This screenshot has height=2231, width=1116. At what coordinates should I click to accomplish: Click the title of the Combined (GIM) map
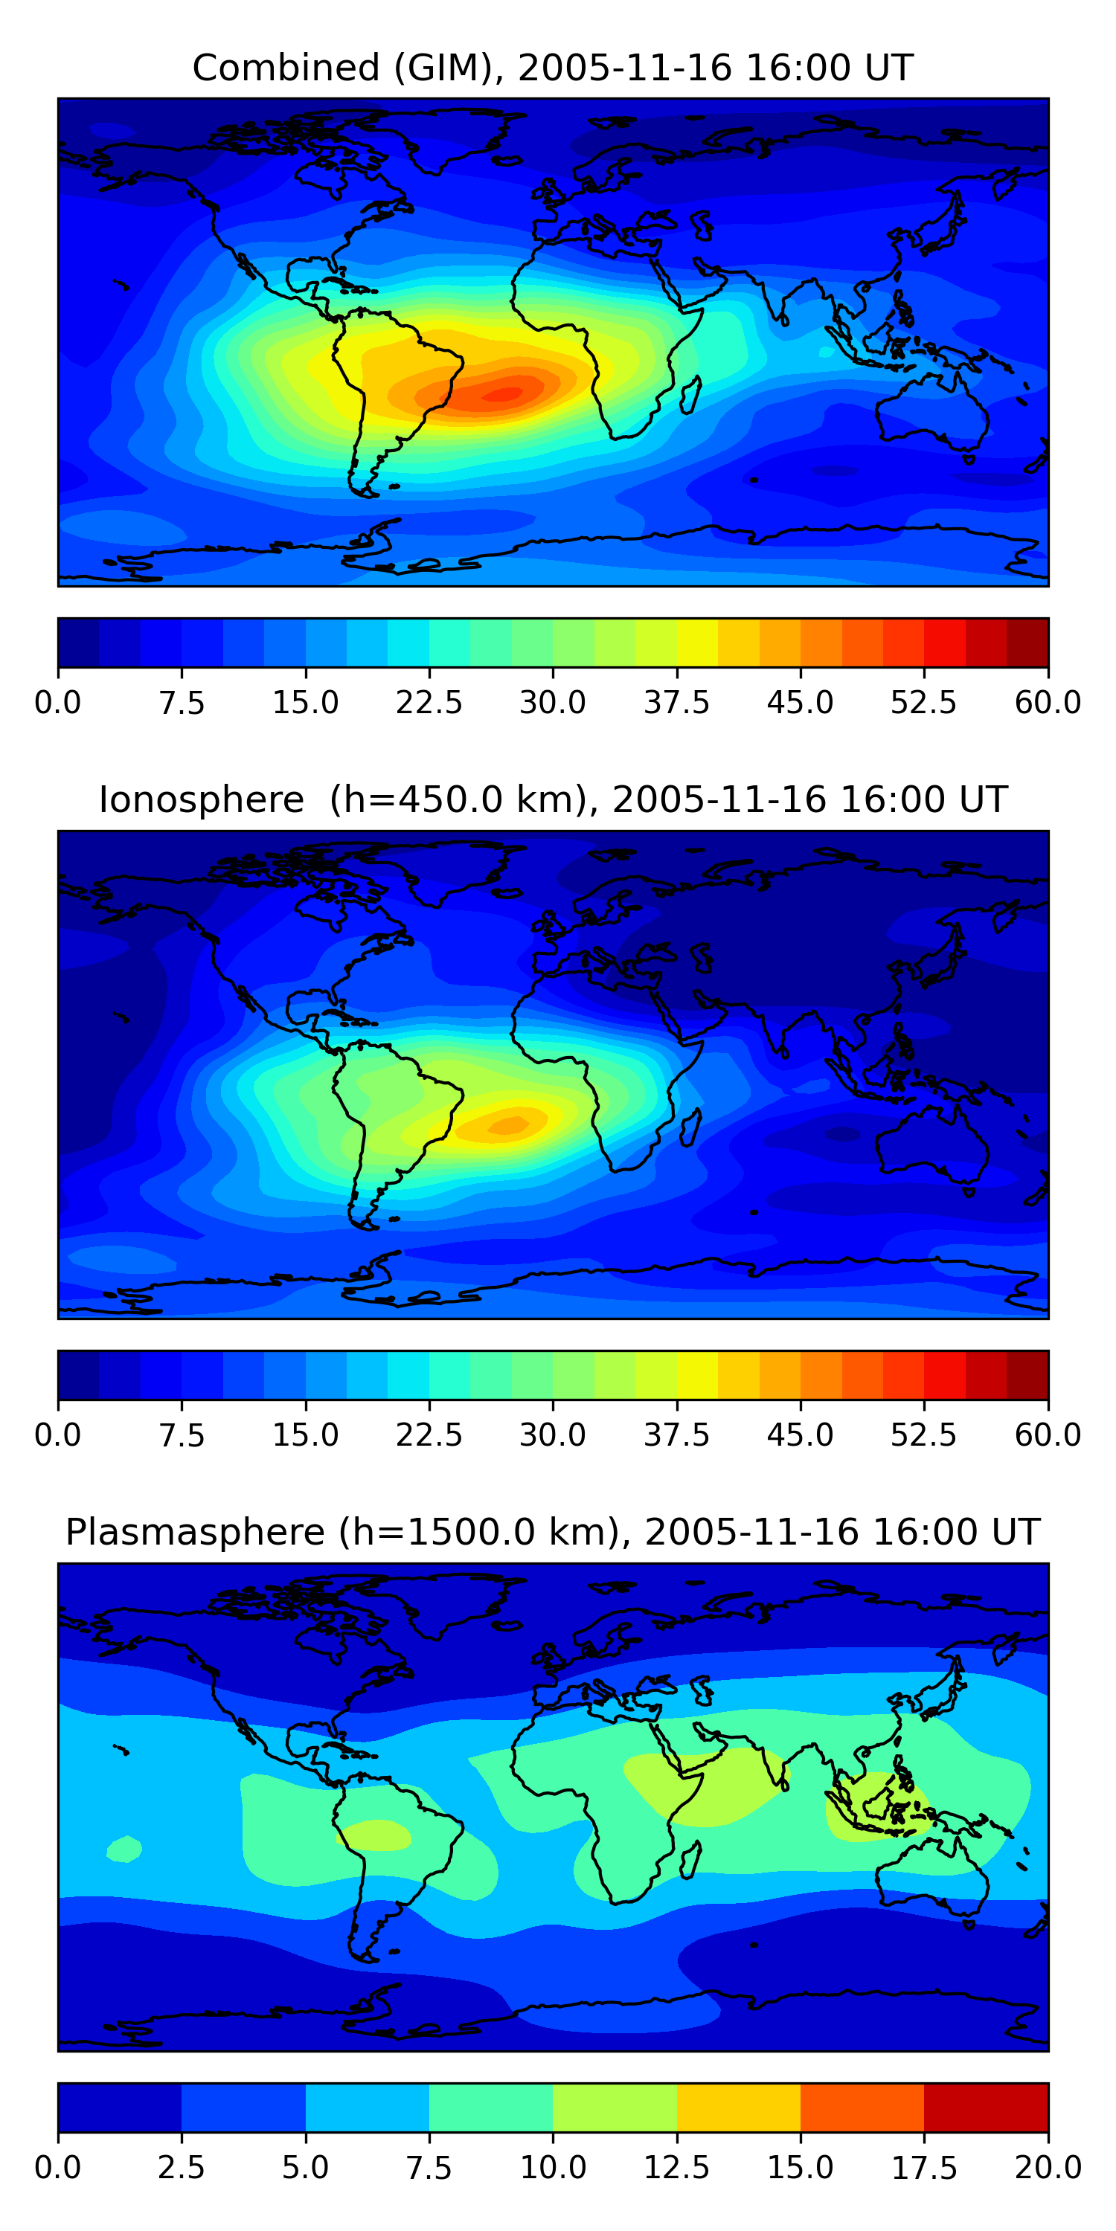pyautogui.click(x=553, y=68)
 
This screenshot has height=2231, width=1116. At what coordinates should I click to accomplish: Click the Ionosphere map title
pyautogui.click(x=553, y=799)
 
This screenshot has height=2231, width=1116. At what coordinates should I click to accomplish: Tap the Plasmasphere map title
pyautogui.click(x=553, y=1532)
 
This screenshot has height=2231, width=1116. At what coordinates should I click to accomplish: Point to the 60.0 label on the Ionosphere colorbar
pyautogui.click(x=1048, y=1435)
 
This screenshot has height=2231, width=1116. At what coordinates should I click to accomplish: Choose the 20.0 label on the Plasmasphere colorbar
pyautogui.click(x=1048, y=2168)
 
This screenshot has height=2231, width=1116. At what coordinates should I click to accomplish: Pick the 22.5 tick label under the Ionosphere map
pyautogui.click(x=429, y=1435)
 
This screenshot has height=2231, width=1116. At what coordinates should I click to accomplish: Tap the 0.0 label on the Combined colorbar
pyautogui.click(x=58, y=702)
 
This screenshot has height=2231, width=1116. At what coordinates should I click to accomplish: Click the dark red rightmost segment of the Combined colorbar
pyautogui.click(x=1027, y=643)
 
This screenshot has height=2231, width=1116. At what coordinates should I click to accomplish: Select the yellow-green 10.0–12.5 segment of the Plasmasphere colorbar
pyautogui.click(x=615, y=2107)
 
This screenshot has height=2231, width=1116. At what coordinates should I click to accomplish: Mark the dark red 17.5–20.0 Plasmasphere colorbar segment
pyautogui.click(x=986, y=2107)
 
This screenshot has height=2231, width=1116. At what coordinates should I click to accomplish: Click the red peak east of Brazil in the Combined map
pyautogui.click(x=502, y=395)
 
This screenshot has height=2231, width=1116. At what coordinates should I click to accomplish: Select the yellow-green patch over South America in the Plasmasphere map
pyautogui.click(x=374, y=1835)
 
